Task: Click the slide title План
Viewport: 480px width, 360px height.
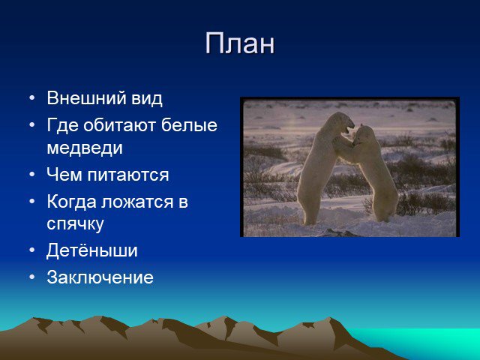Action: pyautogui.click(x=240, y=43)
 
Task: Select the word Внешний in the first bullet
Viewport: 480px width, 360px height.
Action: pyautogui.click(x=87, y=98)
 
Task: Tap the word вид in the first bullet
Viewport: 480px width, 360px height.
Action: pyautogui.click(x=147, y=98)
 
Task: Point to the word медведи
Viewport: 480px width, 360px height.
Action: pyautogui.click(x=85, y=148)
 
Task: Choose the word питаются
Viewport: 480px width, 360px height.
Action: pyautogui.click(x=128, y=175)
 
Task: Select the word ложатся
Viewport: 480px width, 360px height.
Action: pyautogui.click(x=137, y=202)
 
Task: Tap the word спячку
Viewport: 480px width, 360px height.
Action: pyautogui.click(x=75, y=224)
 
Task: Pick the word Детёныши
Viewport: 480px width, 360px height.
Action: pyautogui.click(x=92, y=250)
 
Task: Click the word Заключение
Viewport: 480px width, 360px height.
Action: pyautogui.click(x=100, y=277)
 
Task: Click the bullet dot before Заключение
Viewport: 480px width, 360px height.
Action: pyautogui.click(x=32, y=277)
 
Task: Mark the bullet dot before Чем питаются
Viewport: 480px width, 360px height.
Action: pyautogui.click(x=32, y=175)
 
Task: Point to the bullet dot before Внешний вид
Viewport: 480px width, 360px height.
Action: pyautogui.click(x=32, y=98)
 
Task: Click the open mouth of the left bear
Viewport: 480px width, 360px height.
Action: pyautogui.click(x=348, y=129)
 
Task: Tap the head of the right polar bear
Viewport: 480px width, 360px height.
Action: pyautogui.click(x=362, y=135)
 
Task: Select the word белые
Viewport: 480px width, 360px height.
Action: pyautogui.click(x=189, y=125)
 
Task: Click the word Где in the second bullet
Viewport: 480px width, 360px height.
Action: pyautogui.click(x=63, y=126)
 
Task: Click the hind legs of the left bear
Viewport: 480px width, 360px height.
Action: pyautogui.click(x=309, y=205)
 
